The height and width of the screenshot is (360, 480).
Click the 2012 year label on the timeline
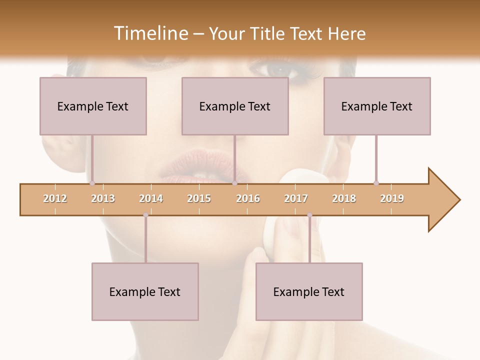click(x=55, y=198)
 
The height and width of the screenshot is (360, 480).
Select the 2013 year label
click(x=103, y=198)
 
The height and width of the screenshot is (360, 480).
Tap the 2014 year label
click(x=151, y=198)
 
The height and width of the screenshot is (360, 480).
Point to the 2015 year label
click(x=199, y=198)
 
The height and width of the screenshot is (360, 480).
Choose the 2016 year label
click(x=248, y=198)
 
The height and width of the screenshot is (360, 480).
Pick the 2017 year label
click(x=296, y=198)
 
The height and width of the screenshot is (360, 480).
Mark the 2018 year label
click(x=344, y=198)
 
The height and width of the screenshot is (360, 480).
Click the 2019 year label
click(x=392, y=198)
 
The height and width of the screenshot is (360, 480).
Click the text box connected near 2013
click(x=93, y=106)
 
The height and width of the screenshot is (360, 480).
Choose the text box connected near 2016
click(x=235, y=106)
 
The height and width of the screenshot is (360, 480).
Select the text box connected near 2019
click(x=377, y=106)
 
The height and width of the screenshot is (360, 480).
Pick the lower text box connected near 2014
click(x=145, y=291)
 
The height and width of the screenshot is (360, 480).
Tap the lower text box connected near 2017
click(x=309, y=291)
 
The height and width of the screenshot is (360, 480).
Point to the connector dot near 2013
click(x=92, y=183)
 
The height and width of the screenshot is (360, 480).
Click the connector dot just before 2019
click(x=376, y=183)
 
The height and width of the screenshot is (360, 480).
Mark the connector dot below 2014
click(x=145, y=215)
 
